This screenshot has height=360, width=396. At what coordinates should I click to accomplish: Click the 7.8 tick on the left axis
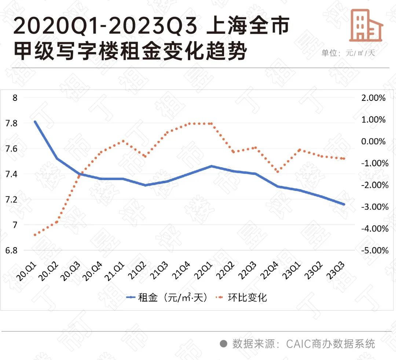(12, 123)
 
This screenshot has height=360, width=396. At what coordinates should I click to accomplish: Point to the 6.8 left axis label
(12, 250)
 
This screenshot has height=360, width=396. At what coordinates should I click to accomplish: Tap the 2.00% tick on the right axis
(373, 98)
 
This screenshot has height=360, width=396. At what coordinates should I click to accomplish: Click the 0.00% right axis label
(373, 142)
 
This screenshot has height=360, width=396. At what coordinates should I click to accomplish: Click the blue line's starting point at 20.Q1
(35, 122)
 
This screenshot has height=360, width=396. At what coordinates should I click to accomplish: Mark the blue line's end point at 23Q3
(344, 204)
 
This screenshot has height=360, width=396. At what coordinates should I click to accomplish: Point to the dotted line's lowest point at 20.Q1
(35, 235)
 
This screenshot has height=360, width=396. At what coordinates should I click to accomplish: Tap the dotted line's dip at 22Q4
(278, 172)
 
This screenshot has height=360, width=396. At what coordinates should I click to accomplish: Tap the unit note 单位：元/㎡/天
(348, 53)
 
